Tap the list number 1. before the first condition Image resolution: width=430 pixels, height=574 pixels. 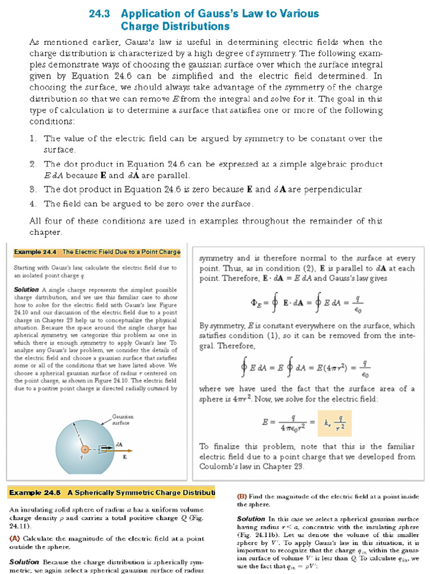point(34,138)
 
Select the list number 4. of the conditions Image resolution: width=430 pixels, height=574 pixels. point(34,203)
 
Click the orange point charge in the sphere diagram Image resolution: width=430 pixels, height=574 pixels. point(85,449)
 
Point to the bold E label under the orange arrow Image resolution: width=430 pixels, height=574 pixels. point(124,456)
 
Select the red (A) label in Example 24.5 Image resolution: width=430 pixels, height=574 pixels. point(15,538)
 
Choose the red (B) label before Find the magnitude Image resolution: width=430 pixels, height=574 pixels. point(242,496)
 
